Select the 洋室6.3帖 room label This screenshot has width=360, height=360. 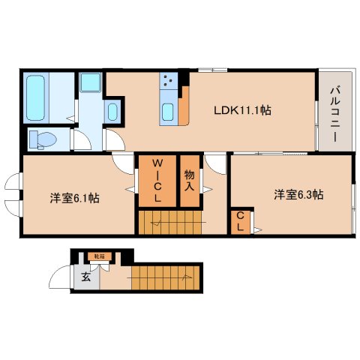click(298, 195)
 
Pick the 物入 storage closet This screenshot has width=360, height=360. click(190, 180)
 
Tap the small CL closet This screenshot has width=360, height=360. click(241, 222)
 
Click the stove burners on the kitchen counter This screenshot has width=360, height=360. click(168, 79)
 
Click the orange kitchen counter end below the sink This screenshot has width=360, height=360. click(182, 113)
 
